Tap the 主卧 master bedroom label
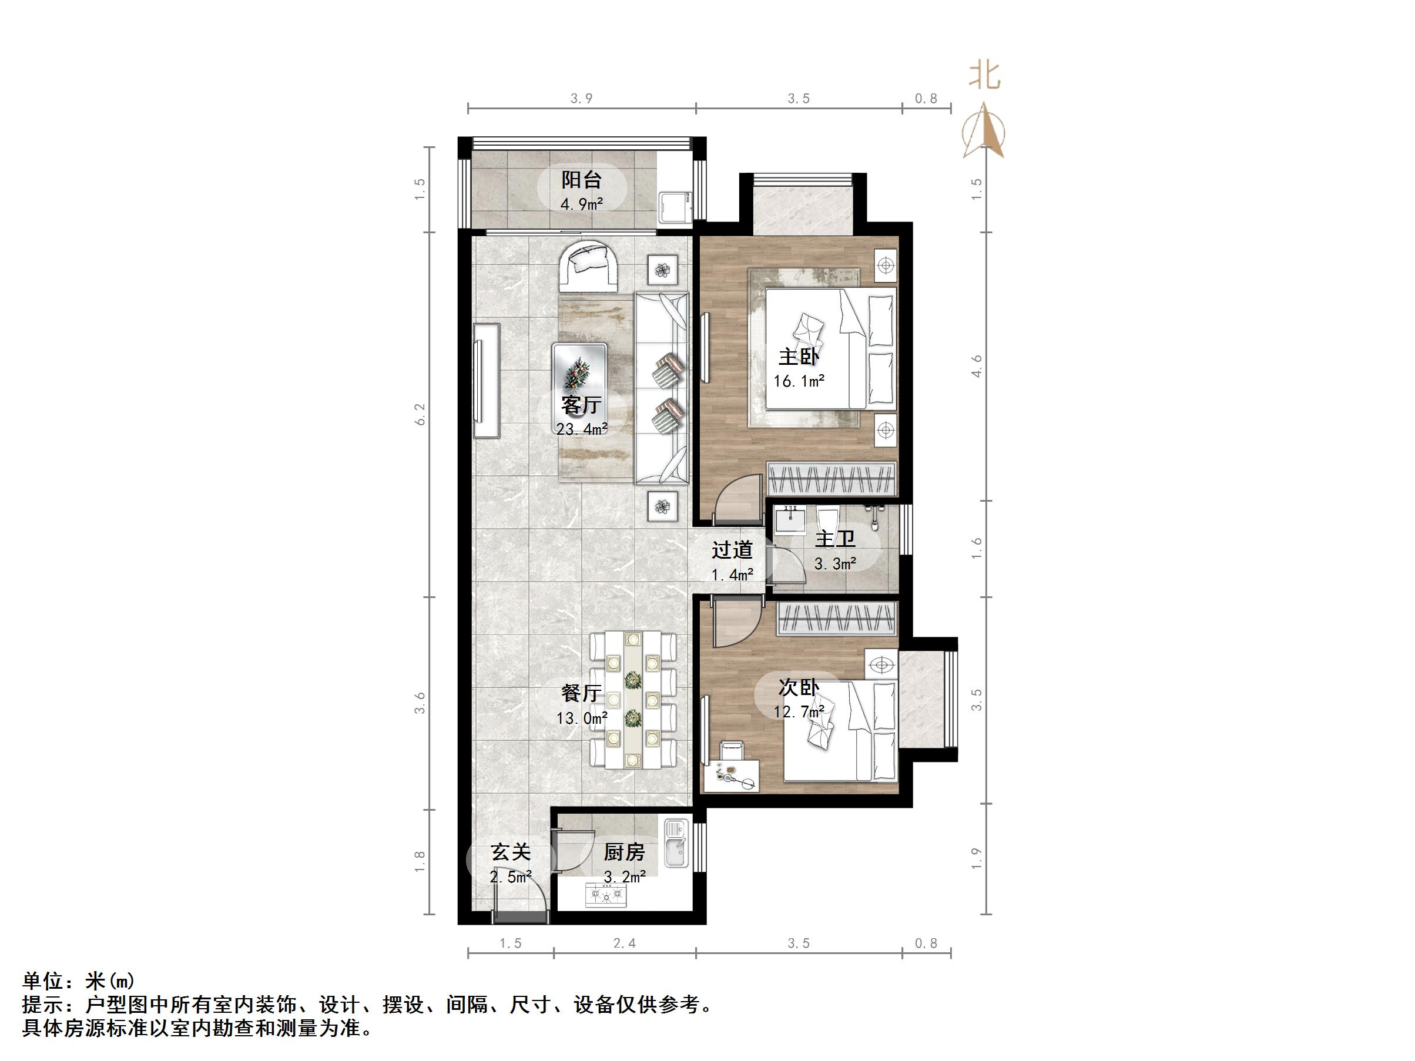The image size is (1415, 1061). click(x=799, y=356)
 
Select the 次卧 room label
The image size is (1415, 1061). click(x=799, y=687)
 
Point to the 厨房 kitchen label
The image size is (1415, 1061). click(x=623, y=852)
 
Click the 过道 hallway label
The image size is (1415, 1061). click(x=732, y=550)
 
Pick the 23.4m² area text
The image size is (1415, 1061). click(x=582, y=429)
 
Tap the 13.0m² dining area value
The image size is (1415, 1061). click(x=582, y=718)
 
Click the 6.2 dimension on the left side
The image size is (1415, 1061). click(x=420, y=414)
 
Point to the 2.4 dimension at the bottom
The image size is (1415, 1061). click(x=623, y=944)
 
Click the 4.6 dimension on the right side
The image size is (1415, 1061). click(x=976, y=366)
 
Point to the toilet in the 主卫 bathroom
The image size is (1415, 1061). click(x=827, y=521)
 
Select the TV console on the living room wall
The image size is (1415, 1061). click(x=486, y=381)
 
